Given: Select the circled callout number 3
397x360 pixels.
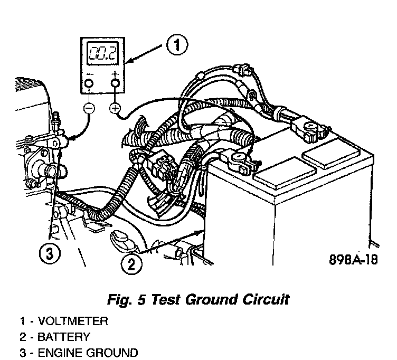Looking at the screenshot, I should point(49,254).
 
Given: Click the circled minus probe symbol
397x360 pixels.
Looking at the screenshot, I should point(88,108).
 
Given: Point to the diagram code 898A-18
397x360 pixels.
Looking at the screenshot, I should point(353,260).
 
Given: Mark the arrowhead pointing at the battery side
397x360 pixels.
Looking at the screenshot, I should point(200,231).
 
